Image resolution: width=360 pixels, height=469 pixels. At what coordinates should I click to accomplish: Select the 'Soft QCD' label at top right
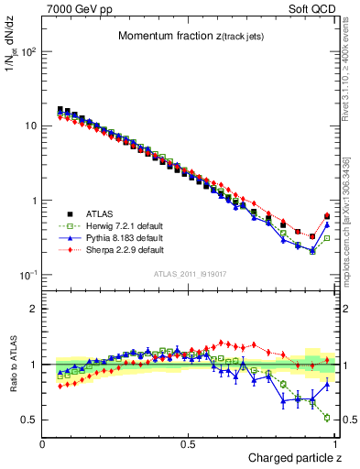(x=311, y=8)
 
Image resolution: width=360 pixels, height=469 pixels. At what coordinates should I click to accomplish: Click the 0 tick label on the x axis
(x=43, y=442)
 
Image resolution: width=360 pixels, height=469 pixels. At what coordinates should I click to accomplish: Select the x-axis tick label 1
(x=333, y=442)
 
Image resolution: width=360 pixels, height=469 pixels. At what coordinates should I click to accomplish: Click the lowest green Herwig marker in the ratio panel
(x=327, y=418)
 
